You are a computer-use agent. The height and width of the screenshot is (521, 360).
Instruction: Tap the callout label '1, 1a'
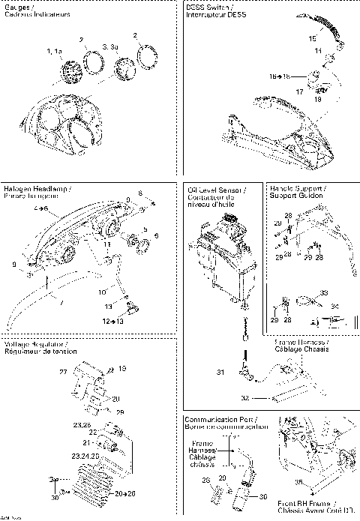(53, 51)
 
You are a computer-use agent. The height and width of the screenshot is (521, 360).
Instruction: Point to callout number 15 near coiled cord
(312, 37)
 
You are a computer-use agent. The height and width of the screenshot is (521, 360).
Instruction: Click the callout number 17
(300, 91)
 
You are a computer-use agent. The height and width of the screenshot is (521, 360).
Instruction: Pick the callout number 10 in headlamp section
(102, 291)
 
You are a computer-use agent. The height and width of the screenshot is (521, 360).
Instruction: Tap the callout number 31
(220, 373)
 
